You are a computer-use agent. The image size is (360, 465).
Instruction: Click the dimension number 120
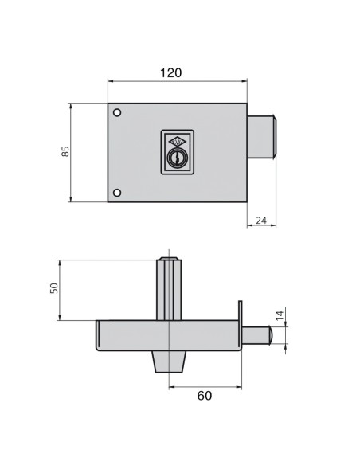coord(170,72)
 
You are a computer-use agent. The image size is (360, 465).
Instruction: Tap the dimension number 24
coord(260,221)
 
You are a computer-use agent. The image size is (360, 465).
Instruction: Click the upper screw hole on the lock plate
coord(117,112)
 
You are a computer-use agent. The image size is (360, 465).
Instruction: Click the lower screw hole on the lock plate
coord(117,192)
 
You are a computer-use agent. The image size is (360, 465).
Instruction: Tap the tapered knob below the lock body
coord(168,362)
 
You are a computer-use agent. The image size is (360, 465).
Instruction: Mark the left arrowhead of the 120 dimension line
coord(109,81)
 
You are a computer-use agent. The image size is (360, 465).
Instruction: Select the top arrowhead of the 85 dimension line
coord(72,104)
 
